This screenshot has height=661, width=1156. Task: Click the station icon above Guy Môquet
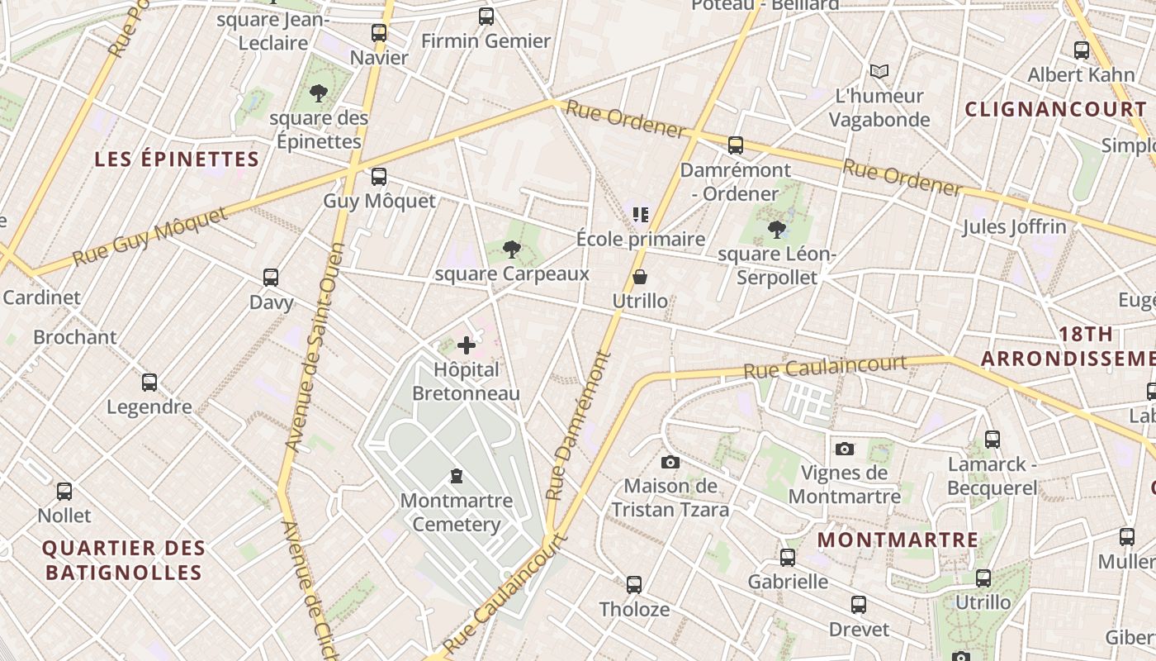379,177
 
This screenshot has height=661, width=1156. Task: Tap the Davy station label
271,302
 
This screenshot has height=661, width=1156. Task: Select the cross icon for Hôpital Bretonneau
467,345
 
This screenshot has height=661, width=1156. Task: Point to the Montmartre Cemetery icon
456,476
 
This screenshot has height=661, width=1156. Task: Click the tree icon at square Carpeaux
512,249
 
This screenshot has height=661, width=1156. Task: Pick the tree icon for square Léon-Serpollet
776,229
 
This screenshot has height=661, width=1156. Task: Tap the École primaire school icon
640,215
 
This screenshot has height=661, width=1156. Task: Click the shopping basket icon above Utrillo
640,277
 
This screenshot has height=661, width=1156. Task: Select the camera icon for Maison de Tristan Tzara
670,462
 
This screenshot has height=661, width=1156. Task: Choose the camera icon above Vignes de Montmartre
844,449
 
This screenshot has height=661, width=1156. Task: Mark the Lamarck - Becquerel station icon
993,440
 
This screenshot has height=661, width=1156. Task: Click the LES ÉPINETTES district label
177,159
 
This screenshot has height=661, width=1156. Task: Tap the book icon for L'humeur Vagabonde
879,72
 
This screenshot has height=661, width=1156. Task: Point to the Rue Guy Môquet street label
149,237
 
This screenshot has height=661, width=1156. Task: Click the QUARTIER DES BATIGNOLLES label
123,560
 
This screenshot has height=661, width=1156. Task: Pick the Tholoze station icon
633,585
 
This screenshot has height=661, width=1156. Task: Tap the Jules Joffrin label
1013,226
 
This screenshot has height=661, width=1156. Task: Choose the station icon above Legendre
149,383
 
